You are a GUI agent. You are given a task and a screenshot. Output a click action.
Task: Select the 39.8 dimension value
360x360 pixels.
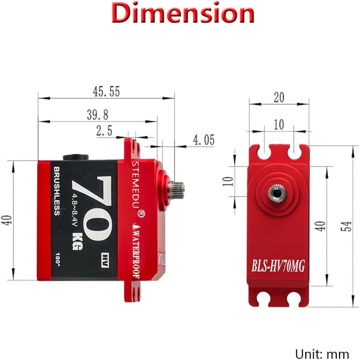click(x=97, y=115)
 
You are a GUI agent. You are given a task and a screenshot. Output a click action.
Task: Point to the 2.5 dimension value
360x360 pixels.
click(x=104, y=131)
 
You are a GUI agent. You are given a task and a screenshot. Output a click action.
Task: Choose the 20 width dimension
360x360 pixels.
click(x=279, y=97)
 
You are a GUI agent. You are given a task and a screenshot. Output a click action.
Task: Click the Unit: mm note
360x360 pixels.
click(x=322, y=353)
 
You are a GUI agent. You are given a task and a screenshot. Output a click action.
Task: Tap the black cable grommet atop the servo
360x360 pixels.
click(x=75, y=157)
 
